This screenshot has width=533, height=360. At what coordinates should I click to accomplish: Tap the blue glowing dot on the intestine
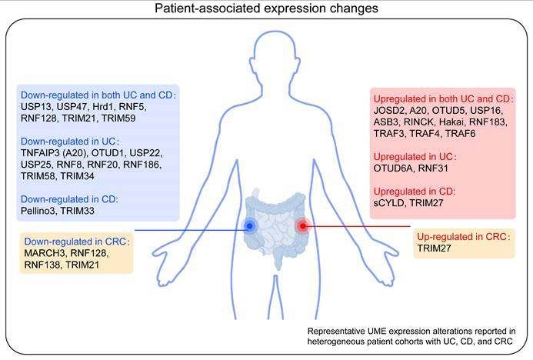tap(248, 225)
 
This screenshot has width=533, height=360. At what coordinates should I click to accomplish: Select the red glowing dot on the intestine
tap(302, 225)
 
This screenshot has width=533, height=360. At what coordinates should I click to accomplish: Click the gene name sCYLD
tap(389, 202)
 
